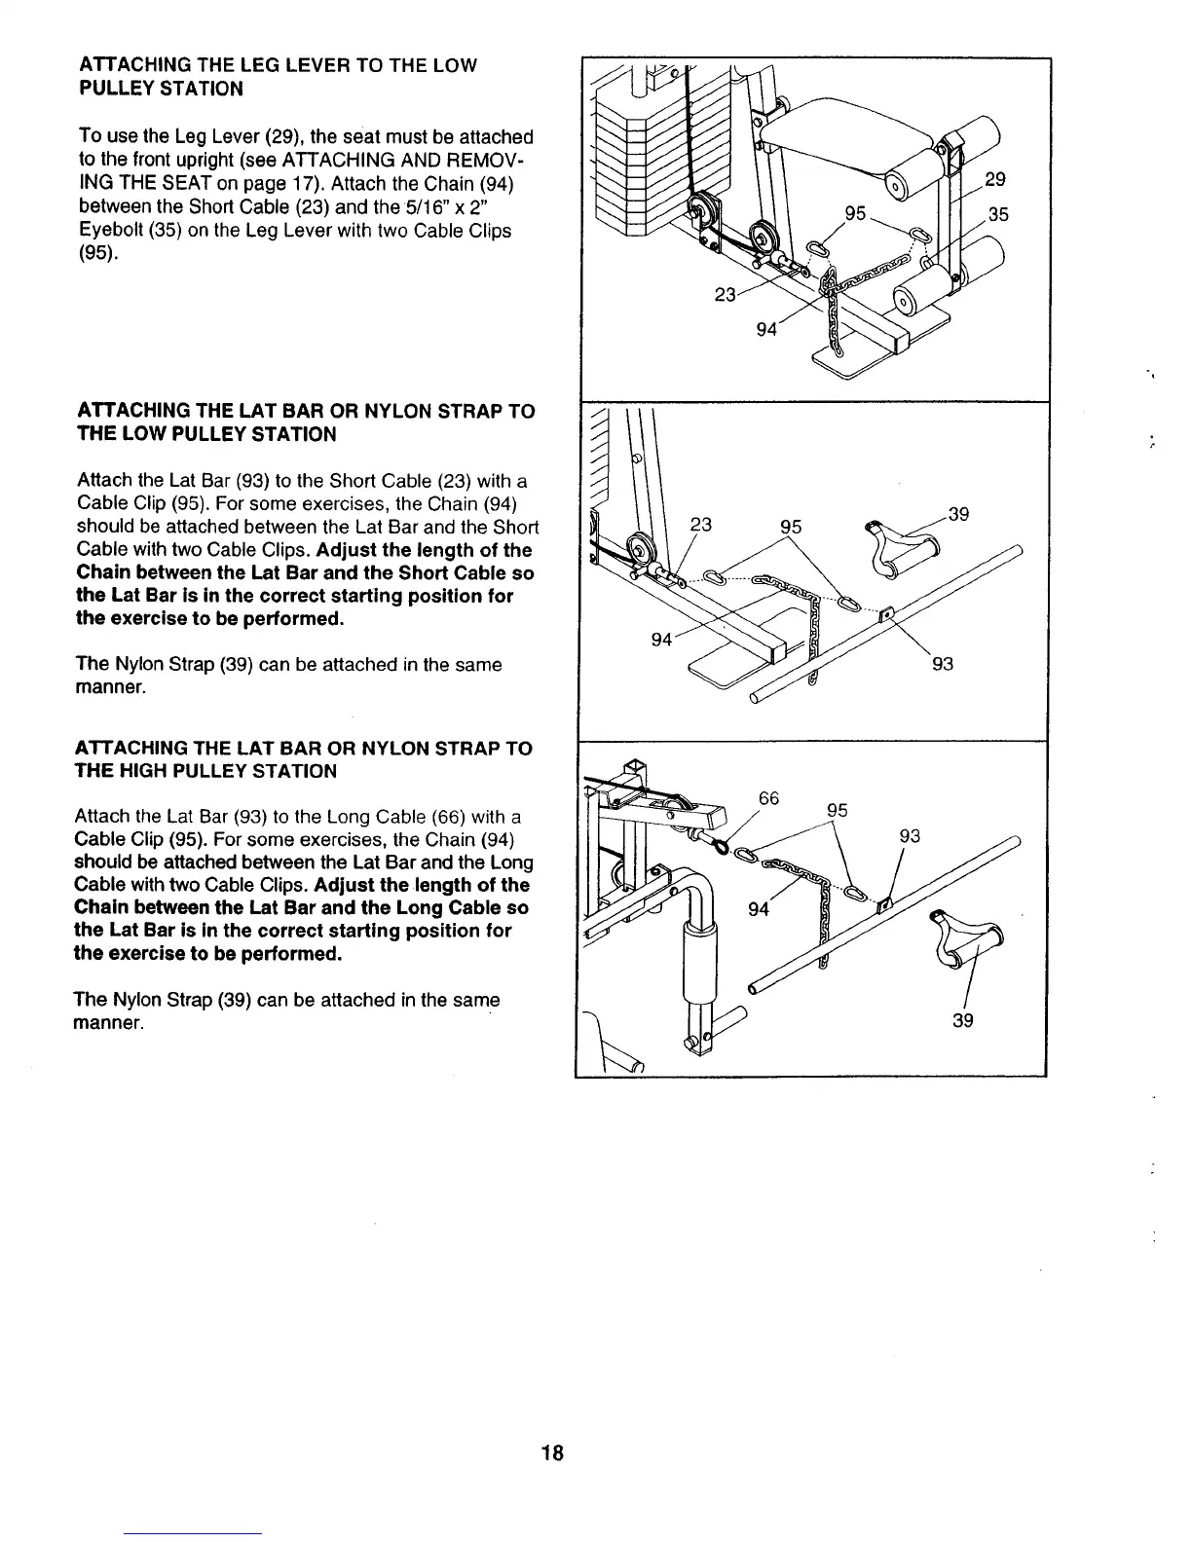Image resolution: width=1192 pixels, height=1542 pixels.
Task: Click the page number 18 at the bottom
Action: pos(553,1453)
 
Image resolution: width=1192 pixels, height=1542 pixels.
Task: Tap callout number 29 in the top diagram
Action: pos(995,179)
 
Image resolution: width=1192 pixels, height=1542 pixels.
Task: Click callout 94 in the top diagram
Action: pos(767,329)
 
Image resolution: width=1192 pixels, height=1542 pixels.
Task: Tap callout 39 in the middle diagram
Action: pos(959,514)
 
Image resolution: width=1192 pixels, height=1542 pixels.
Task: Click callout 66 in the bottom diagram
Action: pos(768,798)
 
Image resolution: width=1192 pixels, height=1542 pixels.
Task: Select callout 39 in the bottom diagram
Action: pos(963,1020)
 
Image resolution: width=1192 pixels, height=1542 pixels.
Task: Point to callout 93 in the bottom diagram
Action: pos(910,836)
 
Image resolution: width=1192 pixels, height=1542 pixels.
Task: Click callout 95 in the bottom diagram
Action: pos(838,810)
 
